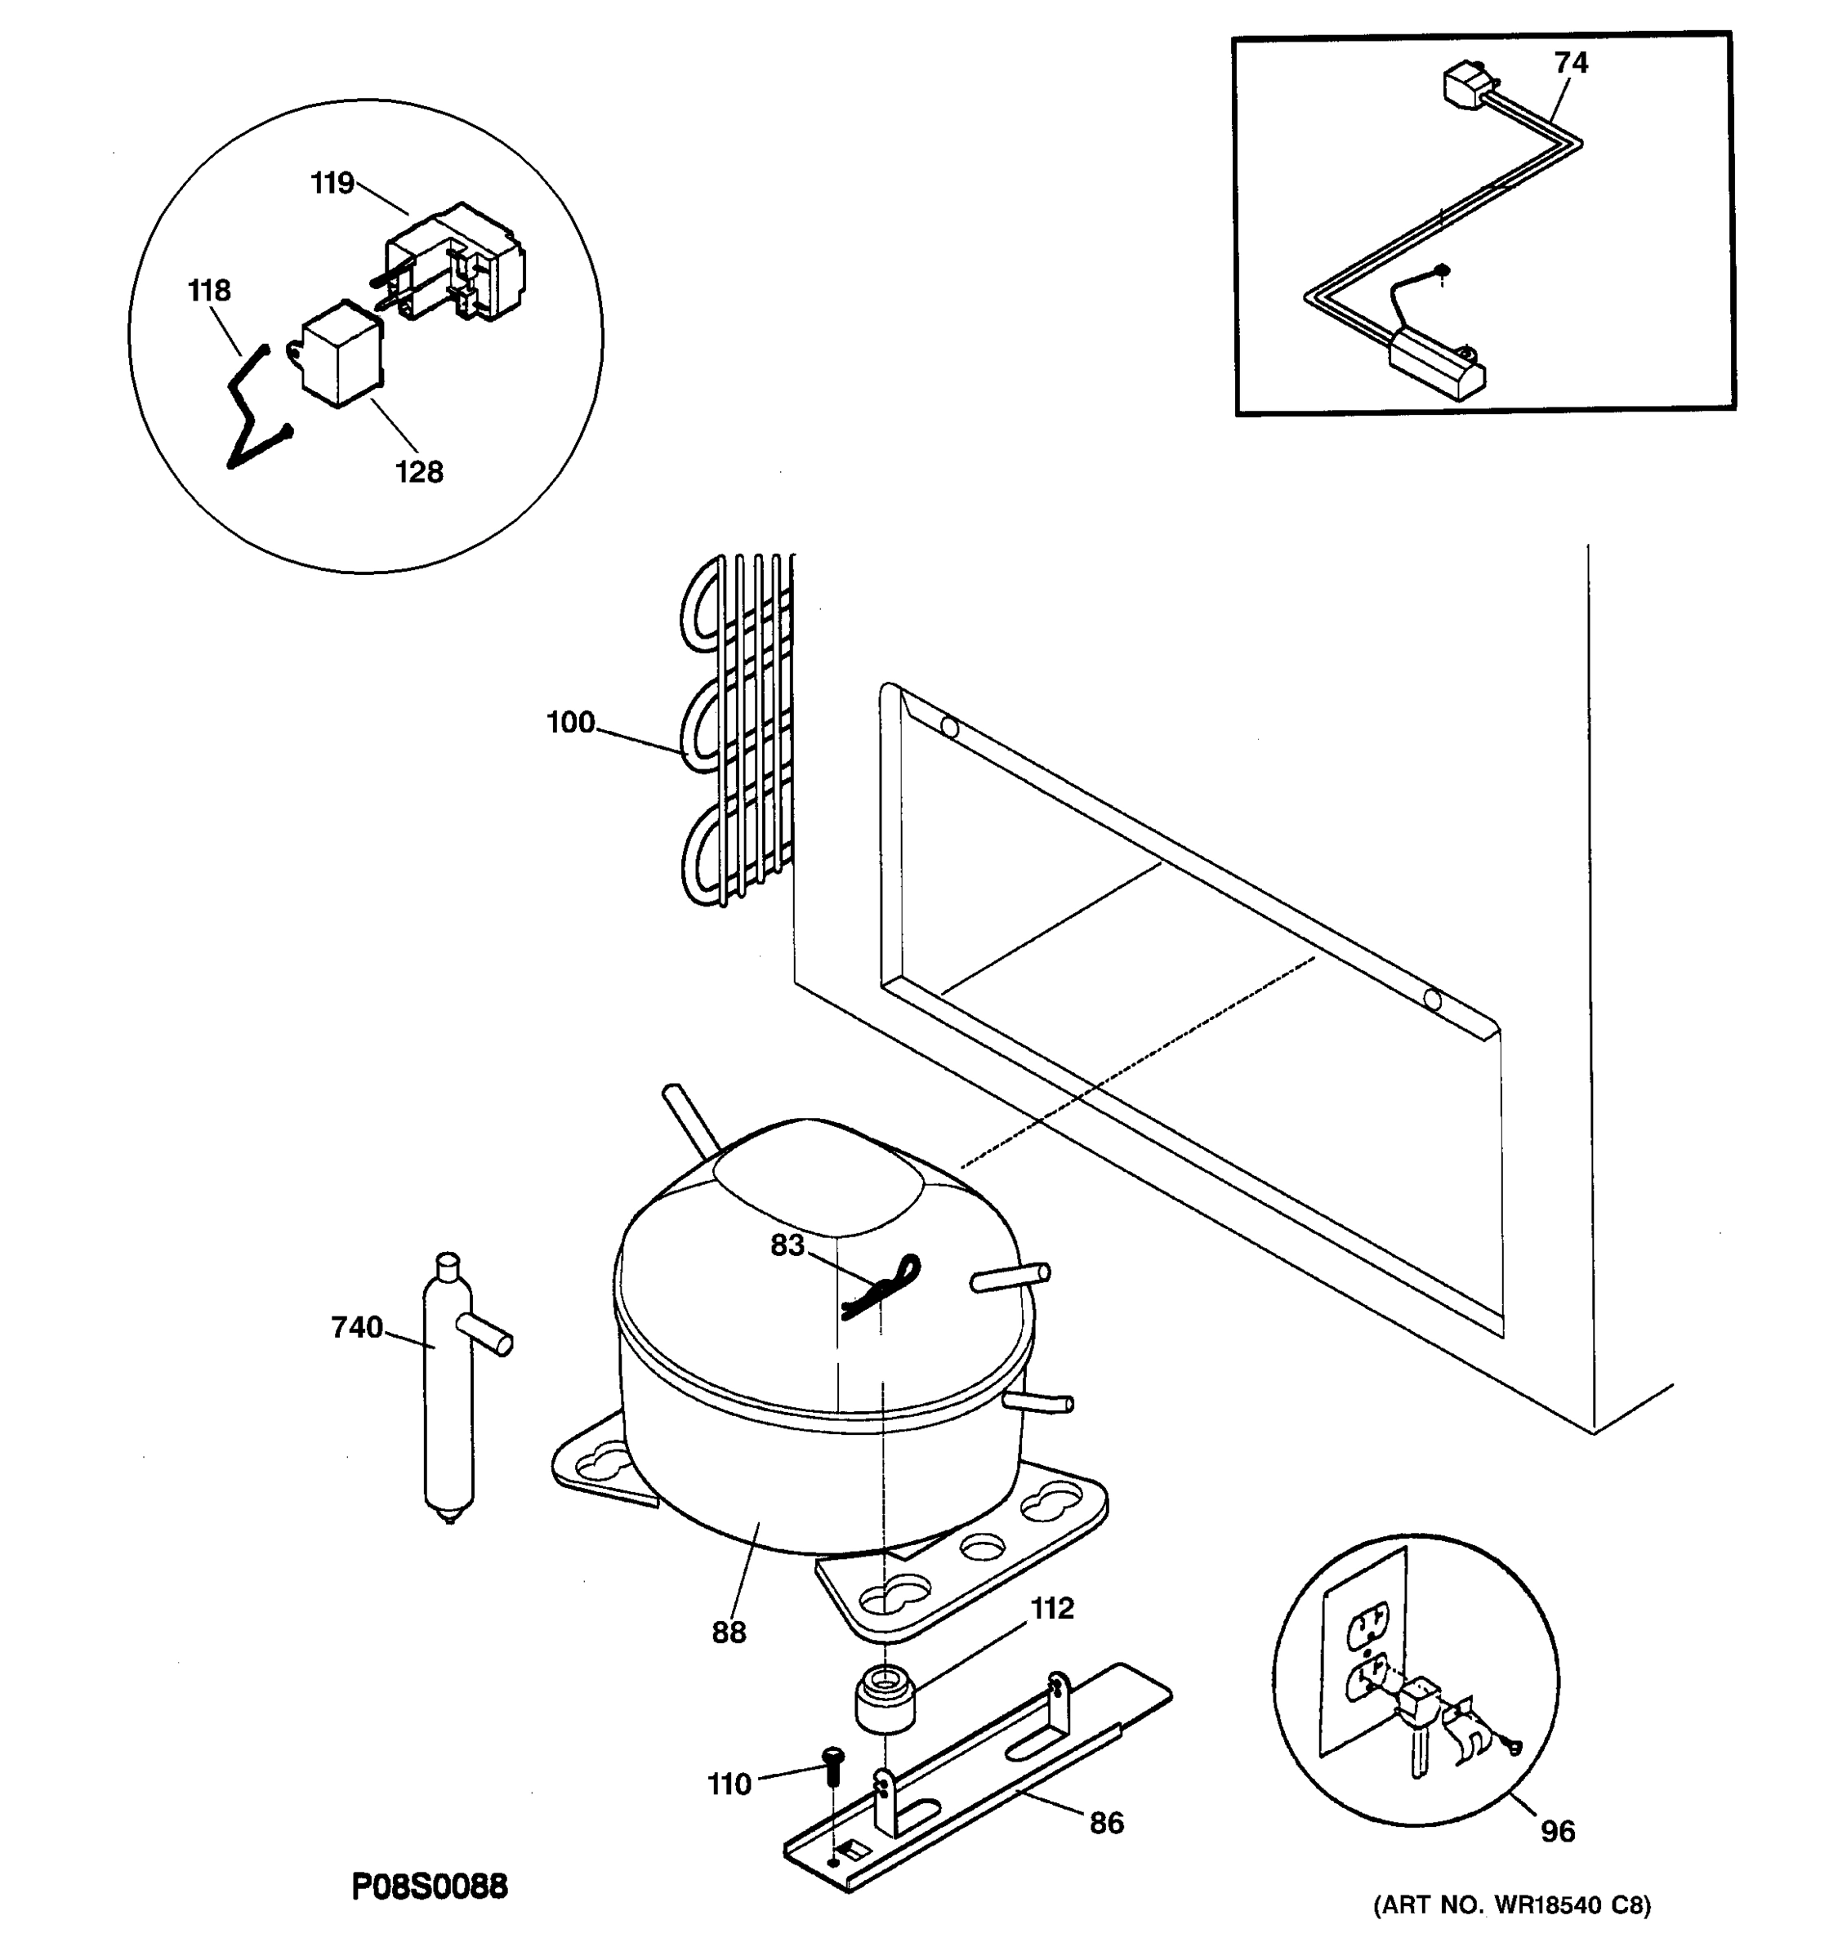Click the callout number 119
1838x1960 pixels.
332,184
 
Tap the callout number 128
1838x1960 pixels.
419,472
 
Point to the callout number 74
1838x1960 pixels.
1571,63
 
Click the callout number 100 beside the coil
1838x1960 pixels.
570,723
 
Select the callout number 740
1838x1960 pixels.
356,1328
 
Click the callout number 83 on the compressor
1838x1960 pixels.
787,1246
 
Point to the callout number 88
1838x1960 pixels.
729,1633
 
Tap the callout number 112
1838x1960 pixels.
1051,1608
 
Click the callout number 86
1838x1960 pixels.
1105,1823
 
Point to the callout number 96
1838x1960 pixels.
1557,1831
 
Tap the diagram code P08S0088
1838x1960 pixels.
430,1886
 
